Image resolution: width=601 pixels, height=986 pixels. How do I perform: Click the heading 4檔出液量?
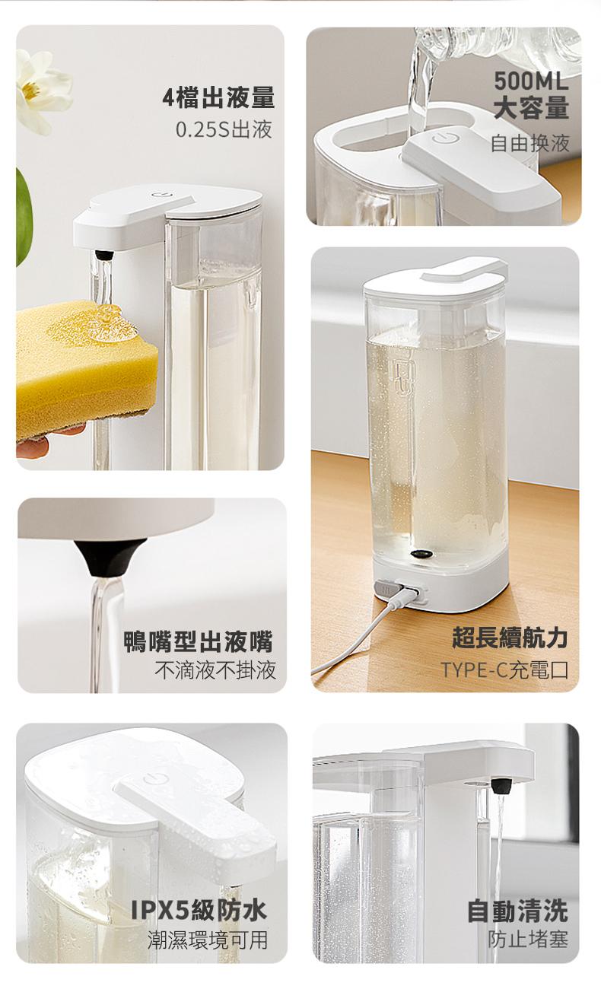pos(218,98)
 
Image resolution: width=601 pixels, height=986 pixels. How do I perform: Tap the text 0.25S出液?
pos(224,129)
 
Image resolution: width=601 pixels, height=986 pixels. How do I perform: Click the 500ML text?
pos(531,81)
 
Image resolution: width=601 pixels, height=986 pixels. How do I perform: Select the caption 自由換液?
pos(529,142)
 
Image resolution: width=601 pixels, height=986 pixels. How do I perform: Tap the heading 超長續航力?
pos(510,638)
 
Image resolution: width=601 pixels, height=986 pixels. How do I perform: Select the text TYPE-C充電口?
pos(504,670)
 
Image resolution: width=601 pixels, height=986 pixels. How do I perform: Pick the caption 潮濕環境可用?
pos(207,940)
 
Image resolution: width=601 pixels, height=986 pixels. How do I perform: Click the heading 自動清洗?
pos(517,910)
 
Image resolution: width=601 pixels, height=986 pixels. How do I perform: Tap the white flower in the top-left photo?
pos(42,87)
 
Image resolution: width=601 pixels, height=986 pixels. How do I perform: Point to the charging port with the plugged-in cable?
pos(404,593)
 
